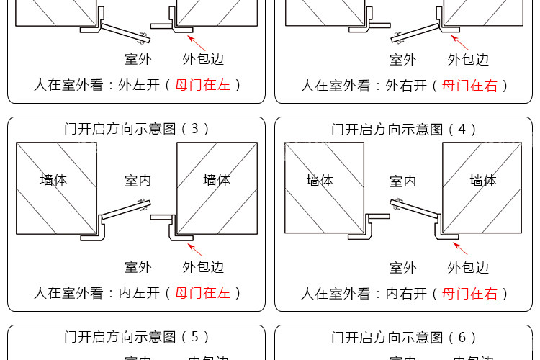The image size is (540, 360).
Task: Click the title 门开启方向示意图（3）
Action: tap(137, 129)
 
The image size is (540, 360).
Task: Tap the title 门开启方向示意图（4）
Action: tap(404, 130)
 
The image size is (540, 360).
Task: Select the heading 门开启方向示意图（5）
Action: tap(137, 336)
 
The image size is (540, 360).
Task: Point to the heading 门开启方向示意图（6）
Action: tap(404, 337)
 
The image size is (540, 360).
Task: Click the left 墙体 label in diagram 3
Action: tap(53, 180)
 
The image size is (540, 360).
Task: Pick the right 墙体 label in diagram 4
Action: tap(483, 180)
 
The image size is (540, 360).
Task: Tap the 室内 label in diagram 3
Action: tap(138, 181)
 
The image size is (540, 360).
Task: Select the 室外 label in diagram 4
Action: tap(403, 268)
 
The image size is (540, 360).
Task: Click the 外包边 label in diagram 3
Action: tap(203, 267)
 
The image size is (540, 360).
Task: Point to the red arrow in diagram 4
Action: tap(461, 249)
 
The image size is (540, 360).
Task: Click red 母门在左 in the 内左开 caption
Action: tap(203, 293)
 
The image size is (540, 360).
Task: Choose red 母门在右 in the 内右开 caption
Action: tap(470, 294)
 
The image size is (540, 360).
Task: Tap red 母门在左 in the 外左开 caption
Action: tap(203, 85)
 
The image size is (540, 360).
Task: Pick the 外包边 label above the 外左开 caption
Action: tap(203, 60)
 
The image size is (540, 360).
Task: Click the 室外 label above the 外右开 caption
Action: tap(403, 60)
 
